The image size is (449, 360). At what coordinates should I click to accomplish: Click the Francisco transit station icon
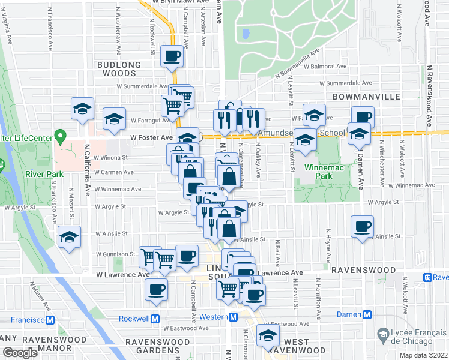(53, 319)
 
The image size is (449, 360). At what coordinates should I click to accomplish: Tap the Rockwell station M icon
(155, 319)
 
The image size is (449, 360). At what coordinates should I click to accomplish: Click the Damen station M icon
(367, 314)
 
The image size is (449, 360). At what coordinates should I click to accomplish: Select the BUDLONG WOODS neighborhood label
(121, 68)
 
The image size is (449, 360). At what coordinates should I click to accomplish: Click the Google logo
(20, 353)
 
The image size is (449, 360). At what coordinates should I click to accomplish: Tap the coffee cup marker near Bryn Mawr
(173, 56)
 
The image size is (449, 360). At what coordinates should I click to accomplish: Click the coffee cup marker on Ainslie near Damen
(362, 227)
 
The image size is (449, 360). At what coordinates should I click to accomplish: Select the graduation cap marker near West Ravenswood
(268, 336)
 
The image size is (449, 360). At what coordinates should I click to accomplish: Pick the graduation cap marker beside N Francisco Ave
(70, 237)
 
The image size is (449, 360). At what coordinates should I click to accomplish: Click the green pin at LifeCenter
(59, 136)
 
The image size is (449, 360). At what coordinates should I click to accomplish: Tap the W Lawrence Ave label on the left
(123, 274)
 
